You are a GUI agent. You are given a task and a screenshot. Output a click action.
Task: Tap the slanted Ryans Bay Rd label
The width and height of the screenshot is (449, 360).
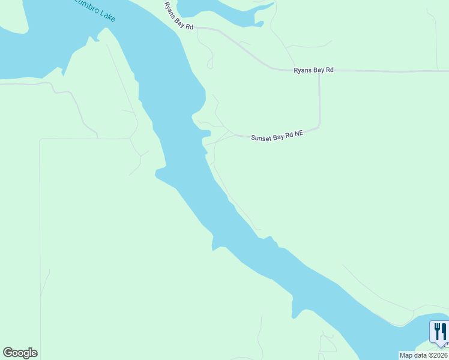point(179,16)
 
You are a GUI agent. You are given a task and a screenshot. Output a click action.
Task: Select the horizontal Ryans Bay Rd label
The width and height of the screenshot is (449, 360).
point(313,70)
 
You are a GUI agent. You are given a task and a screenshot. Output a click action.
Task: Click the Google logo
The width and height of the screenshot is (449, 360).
point(20,353)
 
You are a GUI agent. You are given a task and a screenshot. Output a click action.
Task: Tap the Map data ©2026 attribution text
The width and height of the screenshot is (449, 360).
point(424,355)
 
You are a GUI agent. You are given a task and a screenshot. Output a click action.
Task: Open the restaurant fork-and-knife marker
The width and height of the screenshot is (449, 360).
point(440,332)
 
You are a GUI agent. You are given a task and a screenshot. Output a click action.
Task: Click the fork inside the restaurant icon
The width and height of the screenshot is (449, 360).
point(437,331)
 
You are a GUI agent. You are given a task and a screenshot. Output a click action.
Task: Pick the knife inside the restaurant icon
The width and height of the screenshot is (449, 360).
point(444,331)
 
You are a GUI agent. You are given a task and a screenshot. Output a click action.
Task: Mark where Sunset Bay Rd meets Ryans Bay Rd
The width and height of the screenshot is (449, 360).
point(319,71)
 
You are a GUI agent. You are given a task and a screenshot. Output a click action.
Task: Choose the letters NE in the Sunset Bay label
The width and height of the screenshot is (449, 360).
point(298,134)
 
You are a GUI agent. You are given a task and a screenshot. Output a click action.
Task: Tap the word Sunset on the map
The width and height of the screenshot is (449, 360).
point(261,137)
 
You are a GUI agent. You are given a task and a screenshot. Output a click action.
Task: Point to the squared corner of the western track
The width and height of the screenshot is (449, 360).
point(40,140)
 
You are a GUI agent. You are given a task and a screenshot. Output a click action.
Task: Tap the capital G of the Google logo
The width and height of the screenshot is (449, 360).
point(8,353)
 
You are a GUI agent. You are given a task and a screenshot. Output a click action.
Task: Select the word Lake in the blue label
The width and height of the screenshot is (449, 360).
point(107,14)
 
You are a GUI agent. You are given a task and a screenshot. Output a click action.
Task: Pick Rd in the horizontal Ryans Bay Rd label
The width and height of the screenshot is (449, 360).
point(330,70)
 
